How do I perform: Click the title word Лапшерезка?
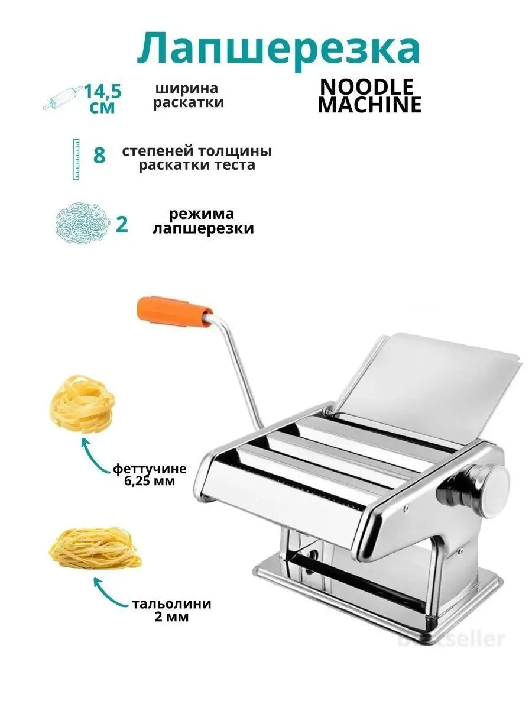point(278,50)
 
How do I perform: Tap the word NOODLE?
point(366,87)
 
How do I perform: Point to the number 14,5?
point(103,92)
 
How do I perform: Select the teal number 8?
point(99,155)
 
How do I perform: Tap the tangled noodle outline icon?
point(83,223)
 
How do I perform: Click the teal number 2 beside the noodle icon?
point(122,224)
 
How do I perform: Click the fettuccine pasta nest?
point(82,404)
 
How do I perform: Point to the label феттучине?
point(150,469)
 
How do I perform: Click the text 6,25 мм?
point(150,481)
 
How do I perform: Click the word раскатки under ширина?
point(189,102)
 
